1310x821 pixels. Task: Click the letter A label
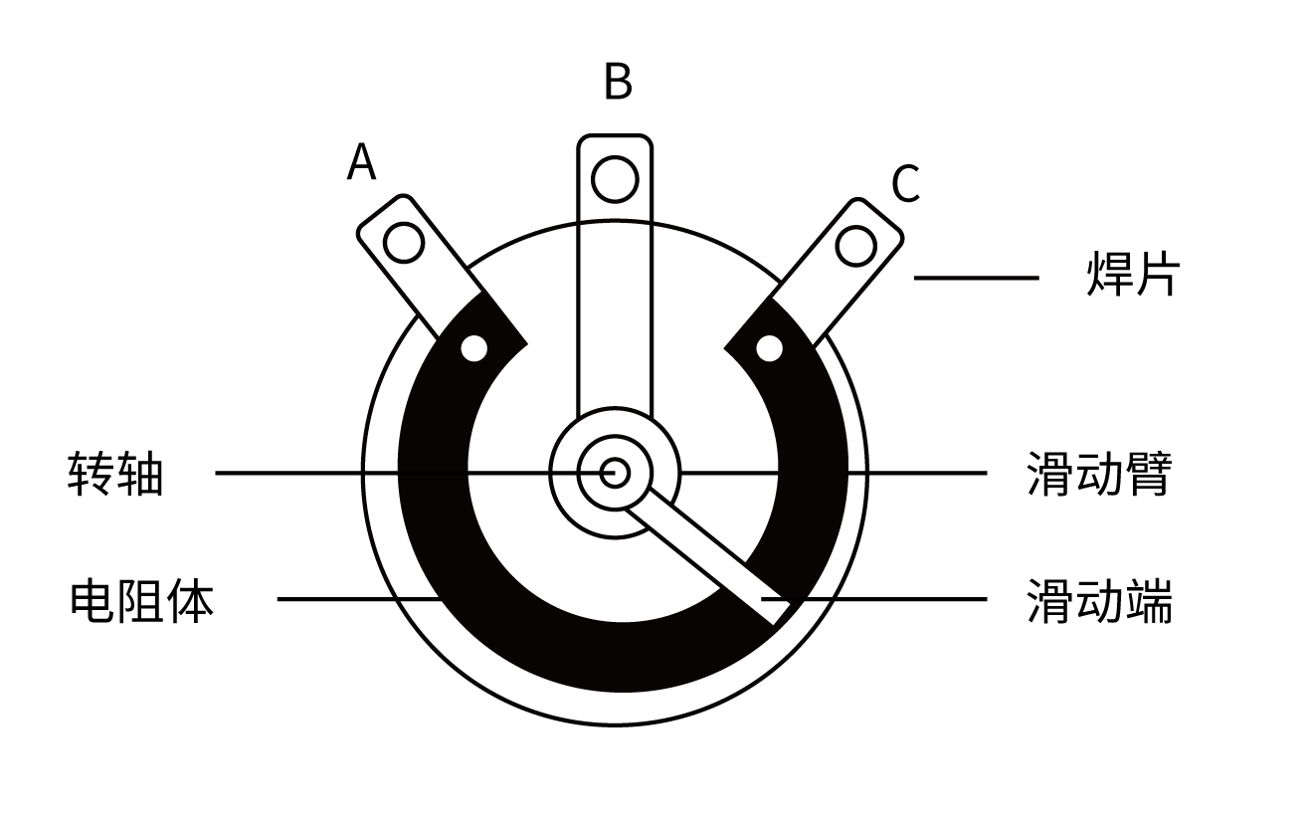coord(362,162)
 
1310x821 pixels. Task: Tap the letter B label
coord(618,83)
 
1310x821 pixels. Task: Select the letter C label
coord(905,184)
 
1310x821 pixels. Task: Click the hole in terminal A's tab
coord(404,243)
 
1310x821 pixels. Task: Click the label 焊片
coord(1131,276)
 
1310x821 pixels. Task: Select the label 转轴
coord(114,474)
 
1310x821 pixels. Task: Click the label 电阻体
coord(141,601)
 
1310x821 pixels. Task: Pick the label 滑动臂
coord(1099,474)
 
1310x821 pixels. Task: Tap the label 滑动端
coord(1099,601)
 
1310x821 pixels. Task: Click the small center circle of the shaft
coord(615,473)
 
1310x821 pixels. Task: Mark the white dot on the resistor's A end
coord(474,348)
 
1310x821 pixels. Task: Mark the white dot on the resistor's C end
coord(770,348)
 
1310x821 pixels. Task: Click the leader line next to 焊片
coord(975,278)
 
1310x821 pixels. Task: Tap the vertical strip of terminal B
coord(615,318)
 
